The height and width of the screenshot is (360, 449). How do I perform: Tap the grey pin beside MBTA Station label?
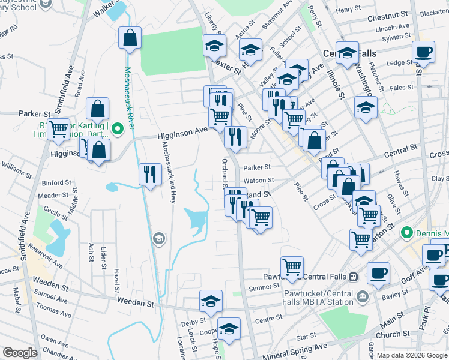pyautogui.click(x=362, y=296)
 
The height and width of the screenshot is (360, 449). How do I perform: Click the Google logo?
pyautogui.click(x=20, y=353)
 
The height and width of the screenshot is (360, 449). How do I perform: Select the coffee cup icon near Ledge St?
pyautogui.click(x=423, y=52)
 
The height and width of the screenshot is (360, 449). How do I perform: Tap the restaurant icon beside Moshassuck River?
pyautogui.click(x=149, y=175)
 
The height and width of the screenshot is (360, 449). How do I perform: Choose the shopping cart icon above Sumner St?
pyautogui.click(x=292, y=266)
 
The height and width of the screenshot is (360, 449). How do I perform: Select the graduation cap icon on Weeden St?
pyautogui.click(x=211, y=301)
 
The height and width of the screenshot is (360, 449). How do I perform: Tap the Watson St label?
pyautogui.click(x=258, y=180)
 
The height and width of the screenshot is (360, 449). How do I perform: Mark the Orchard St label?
pyautogui.click(x=224, y=173)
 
